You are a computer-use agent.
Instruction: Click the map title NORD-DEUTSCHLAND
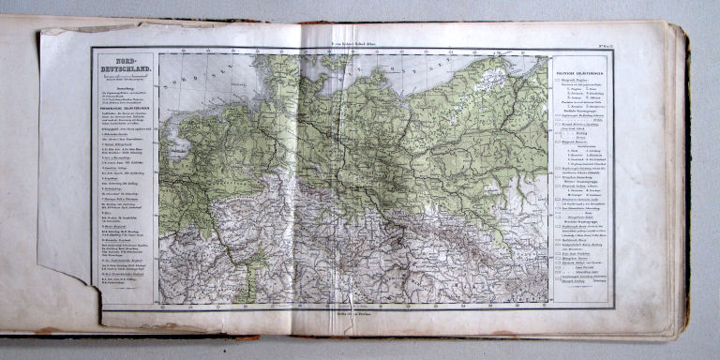click(124, 69)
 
